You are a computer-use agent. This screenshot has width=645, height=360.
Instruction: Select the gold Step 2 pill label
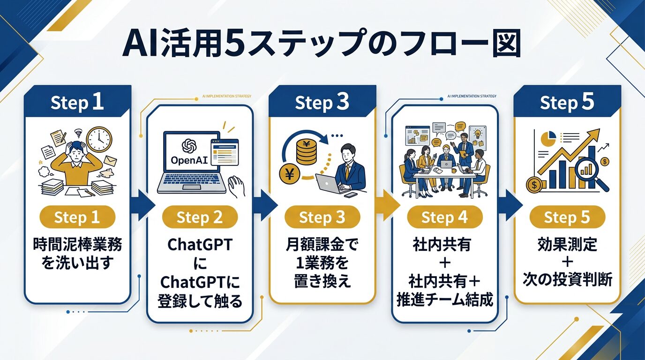click(200, 217)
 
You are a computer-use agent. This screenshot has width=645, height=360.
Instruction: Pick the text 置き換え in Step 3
click(322, 281)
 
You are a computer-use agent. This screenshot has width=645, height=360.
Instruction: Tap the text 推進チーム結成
click(444, 300)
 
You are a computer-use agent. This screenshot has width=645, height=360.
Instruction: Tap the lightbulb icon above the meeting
click(479, 132)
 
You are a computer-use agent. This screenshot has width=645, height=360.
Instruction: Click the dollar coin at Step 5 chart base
click(533, 184)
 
